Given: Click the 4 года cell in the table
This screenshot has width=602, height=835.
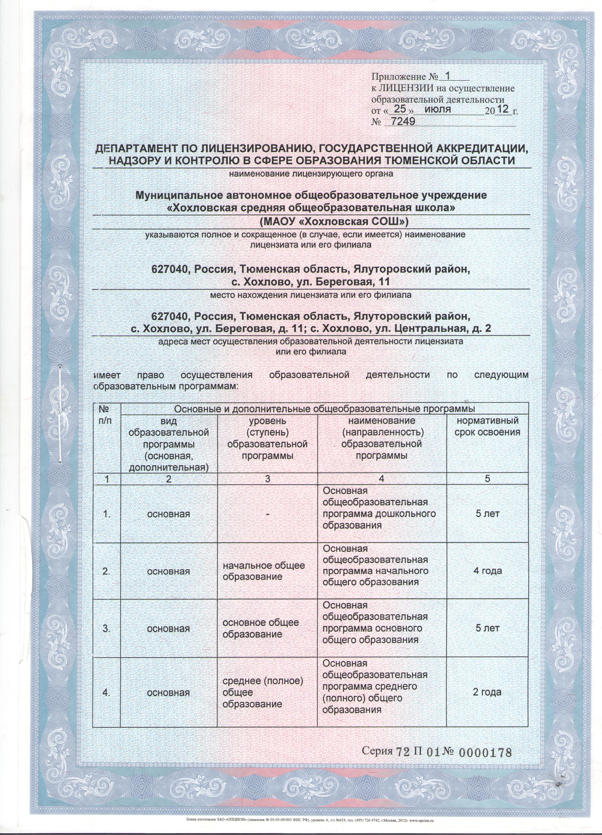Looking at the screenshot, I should pos(487,571).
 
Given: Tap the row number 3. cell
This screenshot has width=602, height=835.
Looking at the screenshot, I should pos(106,629).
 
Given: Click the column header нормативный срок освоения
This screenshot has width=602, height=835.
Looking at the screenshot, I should pos(487,426).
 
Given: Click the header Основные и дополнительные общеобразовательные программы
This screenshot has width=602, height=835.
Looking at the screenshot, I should pos(324,409).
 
